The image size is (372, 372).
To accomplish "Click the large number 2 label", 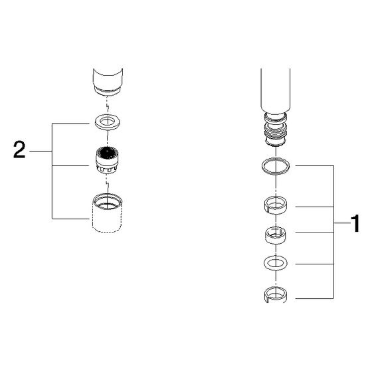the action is (x=19, y=149).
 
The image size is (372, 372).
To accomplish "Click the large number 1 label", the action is (x=355, y=223).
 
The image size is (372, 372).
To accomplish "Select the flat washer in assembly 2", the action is (x=107, y=122).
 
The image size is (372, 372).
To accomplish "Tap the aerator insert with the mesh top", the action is (x=107, y=160).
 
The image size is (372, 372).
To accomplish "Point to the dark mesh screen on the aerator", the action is (x=107, y=152).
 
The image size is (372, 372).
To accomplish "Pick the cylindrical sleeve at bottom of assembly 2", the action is (x=107, y=213).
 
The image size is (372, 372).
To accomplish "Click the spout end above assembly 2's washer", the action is (x=108, y=82).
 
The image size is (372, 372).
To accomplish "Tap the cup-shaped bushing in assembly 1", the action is (x=276, y=235).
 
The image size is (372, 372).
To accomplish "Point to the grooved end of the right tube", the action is (x=276, y=129).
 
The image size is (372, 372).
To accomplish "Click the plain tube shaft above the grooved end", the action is (x=275, y=90).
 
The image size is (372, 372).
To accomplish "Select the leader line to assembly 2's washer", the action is (x=70, y=124).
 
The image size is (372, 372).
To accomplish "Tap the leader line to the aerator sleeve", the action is (x=70, y=219).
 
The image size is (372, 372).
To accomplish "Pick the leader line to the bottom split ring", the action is (x=315, y=298).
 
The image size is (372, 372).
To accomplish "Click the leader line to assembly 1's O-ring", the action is (x=315, y=165).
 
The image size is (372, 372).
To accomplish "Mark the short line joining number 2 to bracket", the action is (x=41, y=151).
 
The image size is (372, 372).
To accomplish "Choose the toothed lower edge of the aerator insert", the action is (x=107, y=169).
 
